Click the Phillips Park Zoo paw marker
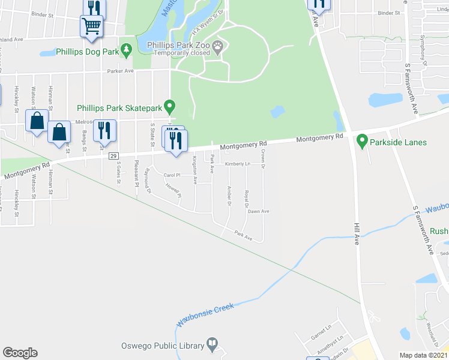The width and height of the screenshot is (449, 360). (218, 45)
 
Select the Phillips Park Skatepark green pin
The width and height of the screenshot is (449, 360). (170, 107)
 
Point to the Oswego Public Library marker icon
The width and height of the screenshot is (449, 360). (212, 344)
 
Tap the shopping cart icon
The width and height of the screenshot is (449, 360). (91, 25)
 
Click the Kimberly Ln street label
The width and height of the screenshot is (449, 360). (238, 164)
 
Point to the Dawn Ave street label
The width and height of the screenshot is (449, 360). (259, 211)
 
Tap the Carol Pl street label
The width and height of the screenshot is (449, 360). (172, 175)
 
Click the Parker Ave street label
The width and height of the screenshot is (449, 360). (121, 70)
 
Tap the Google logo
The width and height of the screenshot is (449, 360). (20, 353)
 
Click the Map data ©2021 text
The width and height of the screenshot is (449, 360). (424, 355)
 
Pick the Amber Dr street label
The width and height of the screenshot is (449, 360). (229, 195)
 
